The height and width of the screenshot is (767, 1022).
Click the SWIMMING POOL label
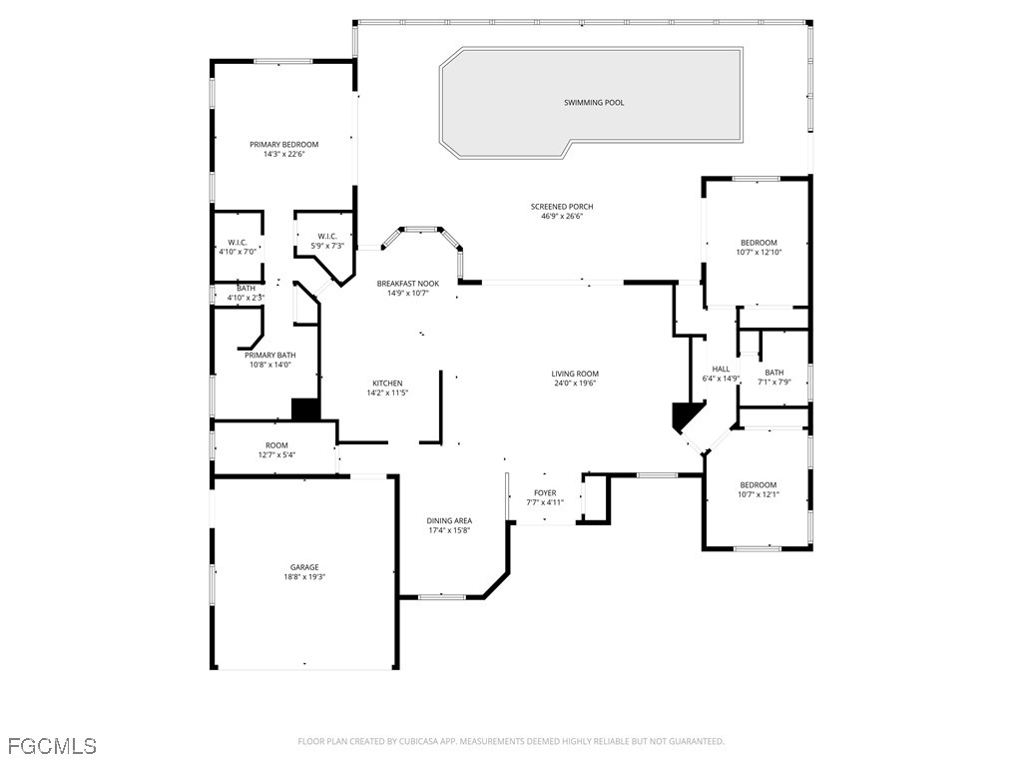pyautogui.click(x=594, y=103)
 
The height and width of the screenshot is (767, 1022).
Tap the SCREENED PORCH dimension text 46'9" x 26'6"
pyautogui.click(x=562, y=216)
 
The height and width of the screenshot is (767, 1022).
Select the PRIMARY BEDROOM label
pyautogui.click(x=284, y=145)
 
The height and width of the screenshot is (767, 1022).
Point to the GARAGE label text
pyautogui.click(x=304, y=567)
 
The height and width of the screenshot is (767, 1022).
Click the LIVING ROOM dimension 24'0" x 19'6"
pyautogui.click(x=575, y=383)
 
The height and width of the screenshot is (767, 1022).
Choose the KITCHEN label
pyautogui.click(x=388, y=383)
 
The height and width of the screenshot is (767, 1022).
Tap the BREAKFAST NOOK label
pyautogui.click(x=408, y=284)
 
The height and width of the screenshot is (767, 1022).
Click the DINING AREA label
pyautogui.click(x=450, y=521)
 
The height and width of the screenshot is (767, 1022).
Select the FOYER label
pyautogui.click(x=545, y=493)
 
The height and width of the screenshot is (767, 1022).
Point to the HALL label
pyautogui.click(x=721, y=370)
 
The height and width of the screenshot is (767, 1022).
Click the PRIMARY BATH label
pyautogui.click(x=270, y=356)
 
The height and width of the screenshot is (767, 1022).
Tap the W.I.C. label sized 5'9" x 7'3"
pyautogui.click(x=327, y=236)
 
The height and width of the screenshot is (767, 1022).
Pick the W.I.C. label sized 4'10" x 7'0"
pyautogui.click(x=238, y=242)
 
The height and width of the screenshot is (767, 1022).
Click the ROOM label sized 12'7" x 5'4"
pyautogui.click(x=276, y=445)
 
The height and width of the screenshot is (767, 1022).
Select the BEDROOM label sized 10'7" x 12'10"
pyautogui.click(x=759, y=243)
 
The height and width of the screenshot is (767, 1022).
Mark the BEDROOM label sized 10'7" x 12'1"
pyautogui.click(x=759, y=485)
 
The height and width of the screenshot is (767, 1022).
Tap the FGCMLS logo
pyautogui.click(x=52, y=746)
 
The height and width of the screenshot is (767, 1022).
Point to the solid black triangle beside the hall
pyautogui.click(x=686, y=415)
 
